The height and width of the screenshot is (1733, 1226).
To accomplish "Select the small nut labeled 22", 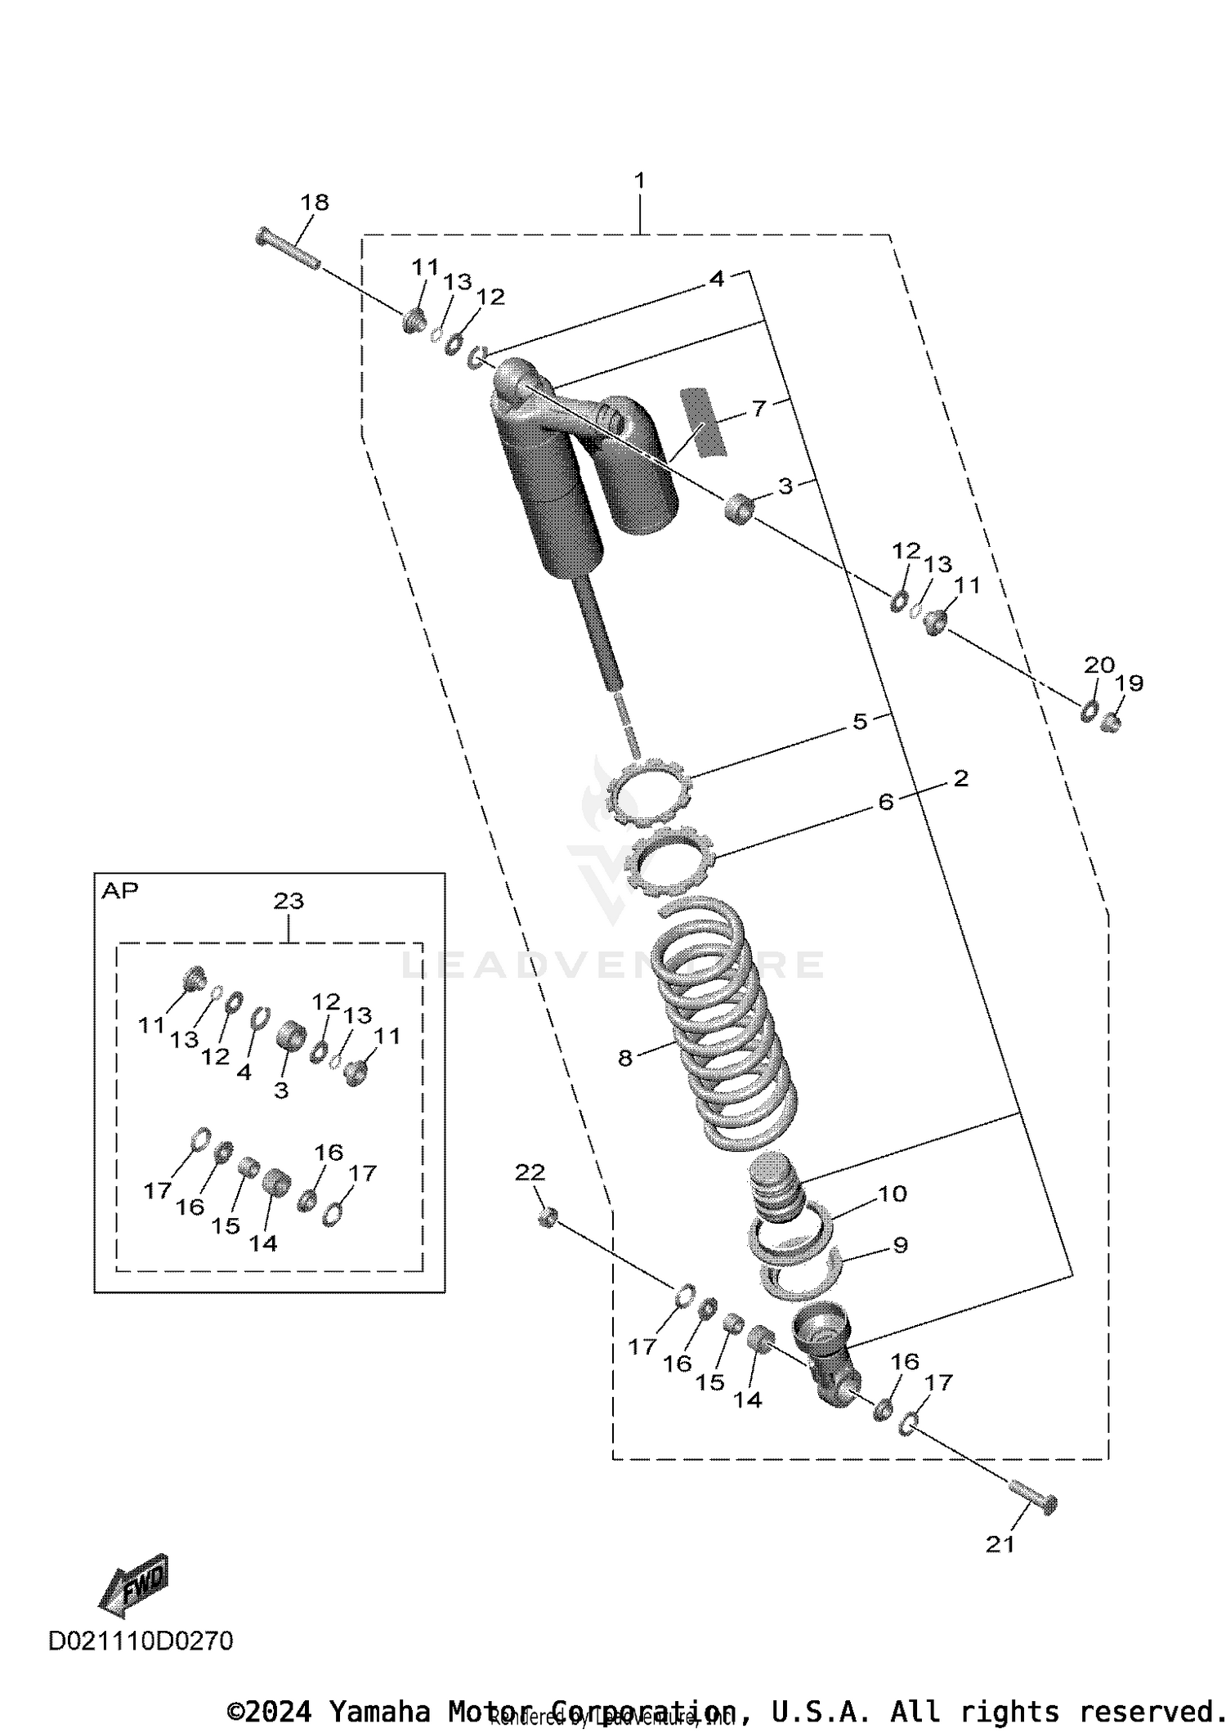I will coord(548,1217).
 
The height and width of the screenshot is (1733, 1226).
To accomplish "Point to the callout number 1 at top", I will coord(640,181).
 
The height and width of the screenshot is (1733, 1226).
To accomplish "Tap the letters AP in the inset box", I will coord(120,891).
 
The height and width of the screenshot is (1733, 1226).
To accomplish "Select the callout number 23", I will coord(289,901).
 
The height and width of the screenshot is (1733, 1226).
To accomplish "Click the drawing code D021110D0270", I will coord(141,1640).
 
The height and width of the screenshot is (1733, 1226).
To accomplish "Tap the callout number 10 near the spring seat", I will coord(893,1193).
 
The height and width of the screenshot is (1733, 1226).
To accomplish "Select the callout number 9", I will coord(900,1245).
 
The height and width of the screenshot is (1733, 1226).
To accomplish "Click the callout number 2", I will coord(960,778).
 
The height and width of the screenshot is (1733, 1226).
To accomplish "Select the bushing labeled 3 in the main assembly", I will coord(739,508).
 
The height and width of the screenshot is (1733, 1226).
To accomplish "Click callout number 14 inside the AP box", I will coord(263,1243).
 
